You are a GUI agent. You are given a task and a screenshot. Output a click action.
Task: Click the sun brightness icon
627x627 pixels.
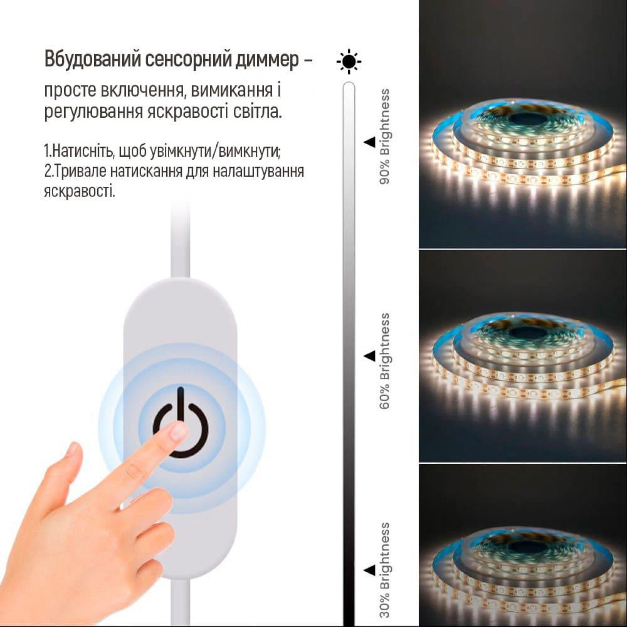[349, 61]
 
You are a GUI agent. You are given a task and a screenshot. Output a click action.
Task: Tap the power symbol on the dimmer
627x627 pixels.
[180, 423]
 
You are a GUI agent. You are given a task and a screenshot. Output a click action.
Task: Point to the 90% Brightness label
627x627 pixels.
[384, 137]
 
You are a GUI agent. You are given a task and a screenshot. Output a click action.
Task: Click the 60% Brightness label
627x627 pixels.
[384, 361]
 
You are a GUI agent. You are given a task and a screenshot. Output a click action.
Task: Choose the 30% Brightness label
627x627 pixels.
[384, 570]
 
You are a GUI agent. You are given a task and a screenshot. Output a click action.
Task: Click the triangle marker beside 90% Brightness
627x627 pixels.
[369, 142]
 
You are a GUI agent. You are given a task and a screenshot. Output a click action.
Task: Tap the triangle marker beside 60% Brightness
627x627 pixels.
[369, 356]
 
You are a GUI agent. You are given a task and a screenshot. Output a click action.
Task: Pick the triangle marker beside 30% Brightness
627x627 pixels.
[369, 570]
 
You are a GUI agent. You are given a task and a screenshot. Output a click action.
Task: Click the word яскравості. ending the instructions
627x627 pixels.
[79, 192]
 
